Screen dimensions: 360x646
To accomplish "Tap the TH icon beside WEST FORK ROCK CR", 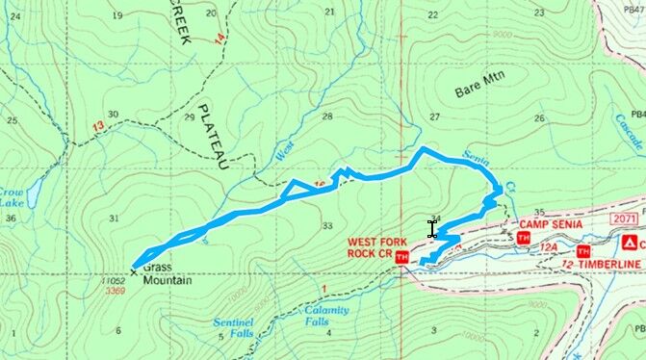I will pyautogui.click(x=401, y=258).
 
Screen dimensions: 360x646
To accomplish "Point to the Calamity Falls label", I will pyautogui.click(x=326, y=316).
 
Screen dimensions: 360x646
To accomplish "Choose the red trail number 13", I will pyautogui.click(x=97, y=126).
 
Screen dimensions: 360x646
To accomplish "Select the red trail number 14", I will pyautogui.click(x=220, y=39).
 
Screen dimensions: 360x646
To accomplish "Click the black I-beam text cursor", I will pyautogui.click(x=432, y=229).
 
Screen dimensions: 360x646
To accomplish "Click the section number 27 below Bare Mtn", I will pyautogui.click(x=434, y=117).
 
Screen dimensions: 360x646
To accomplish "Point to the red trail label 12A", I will pyautogui.click(x=549, y=248).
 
